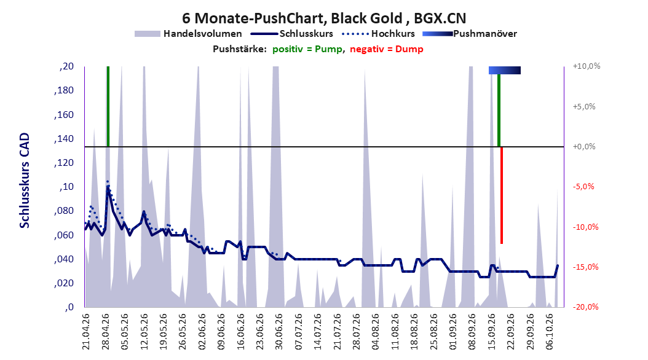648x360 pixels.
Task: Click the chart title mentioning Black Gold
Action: point(324,18)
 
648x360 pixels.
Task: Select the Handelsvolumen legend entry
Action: point(189,34)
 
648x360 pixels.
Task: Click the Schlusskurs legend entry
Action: point(292,34)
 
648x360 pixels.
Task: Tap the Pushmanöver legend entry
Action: point(470,34)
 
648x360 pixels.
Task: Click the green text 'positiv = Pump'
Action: point(307,49)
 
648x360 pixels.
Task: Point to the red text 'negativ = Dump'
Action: point(387,49)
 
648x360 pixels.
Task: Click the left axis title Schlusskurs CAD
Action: point(25,181)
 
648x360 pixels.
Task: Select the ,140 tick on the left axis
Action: point(64,139)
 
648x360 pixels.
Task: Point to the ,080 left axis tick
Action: point(64,211)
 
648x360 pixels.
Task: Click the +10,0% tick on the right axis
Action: point(587,66)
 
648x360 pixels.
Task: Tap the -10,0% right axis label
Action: point(585,227)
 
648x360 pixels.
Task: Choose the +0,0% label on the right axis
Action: point(584,147)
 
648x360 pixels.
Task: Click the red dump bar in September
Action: point(502,195)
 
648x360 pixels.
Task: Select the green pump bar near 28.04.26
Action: point(108,106)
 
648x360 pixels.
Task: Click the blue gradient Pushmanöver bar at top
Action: point(505,70)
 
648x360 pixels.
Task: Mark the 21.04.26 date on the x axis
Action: point(86,332)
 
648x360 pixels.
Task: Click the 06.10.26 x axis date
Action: point(549,332)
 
